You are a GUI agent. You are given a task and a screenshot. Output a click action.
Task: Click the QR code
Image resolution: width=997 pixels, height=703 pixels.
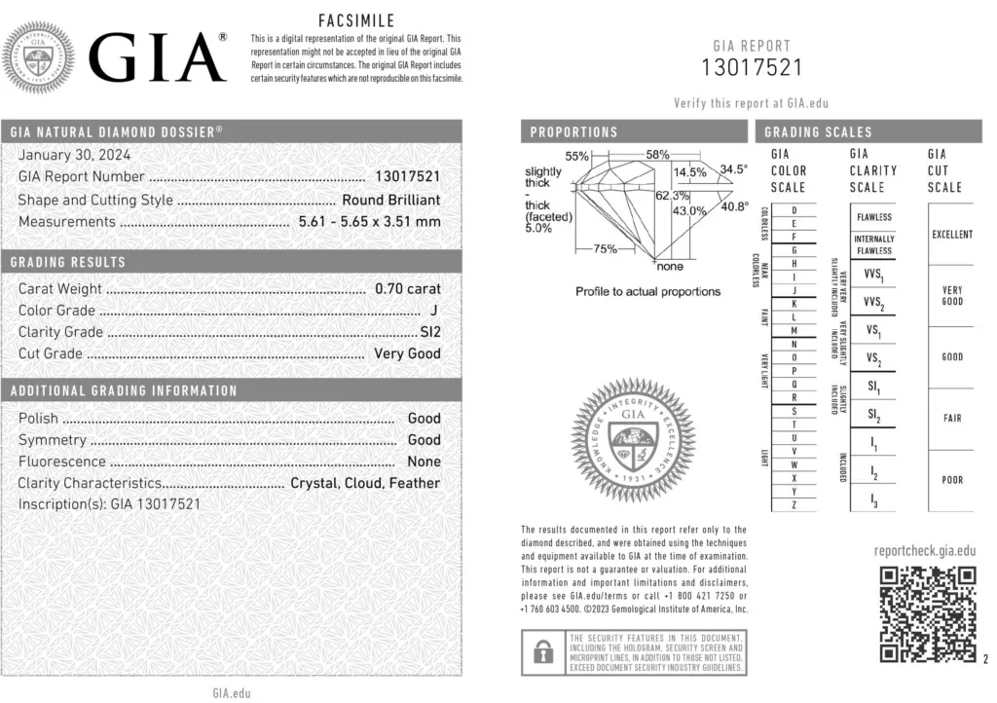(927, 614)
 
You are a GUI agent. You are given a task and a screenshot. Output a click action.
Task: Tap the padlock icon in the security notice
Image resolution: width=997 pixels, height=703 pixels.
(538, 651)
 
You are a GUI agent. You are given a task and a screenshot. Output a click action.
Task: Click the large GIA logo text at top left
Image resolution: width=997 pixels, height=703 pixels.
(158, 57)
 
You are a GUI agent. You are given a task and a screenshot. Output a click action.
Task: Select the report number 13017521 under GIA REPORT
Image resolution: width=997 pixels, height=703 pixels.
(753, 67)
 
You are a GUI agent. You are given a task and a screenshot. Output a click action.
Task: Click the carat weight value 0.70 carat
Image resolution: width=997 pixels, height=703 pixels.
(408, 288)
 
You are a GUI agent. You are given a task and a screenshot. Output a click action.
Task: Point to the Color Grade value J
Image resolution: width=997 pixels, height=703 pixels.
(433, 311)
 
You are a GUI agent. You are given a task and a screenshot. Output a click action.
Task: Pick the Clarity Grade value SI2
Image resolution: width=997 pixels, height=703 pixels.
(429, 332)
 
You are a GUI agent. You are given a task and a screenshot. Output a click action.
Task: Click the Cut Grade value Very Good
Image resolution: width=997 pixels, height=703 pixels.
(408, 353)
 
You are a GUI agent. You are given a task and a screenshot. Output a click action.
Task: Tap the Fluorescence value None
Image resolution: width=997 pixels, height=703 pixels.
(424, 462)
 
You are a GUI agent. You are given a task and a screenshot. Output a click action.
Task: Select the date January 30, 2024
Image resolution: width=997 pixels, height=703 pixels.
(74, 155)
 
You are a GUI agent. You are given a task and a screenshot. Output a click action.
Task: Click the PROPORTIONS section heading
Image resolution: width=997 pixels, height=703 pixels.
(573, 132)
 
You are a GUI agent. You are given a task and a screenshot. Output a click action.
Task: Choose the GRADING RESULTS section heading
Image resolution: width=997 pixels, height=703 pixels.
(68, 263)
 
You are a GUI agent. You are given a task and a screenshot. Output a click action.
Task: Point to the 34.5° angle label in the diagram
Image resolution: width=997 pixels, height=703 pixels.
(733, 169)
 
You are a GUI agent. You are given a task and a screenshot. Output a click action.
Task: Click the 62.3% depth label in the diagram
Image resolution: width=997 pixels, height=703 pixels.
(671, 196)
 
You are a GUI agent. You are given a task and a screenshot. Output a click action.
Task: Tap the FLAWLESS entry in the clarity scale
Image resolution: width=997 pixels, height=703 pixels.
(873, 217)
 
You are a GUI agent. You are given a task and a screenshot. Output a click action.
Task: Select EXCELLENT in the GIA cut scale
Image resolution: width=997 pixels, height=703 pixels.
(951, 235)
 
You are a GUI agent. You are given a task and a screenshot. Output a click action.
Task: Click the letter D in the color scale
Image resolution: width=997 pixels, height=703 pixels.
(795, 210)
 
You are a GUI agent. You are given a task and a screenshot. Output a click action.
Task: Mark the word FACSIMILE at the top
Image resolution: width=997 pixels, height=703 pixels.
(356, 20)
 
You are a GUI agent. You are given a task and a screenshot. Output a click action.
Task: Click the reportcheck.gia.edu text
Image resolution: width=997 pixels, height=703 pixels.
(925, 550)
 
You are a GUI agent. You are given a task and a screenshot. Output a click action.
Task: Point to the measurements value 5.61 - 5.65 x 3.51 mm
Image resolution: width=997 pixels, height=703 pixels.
(368, 222)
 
